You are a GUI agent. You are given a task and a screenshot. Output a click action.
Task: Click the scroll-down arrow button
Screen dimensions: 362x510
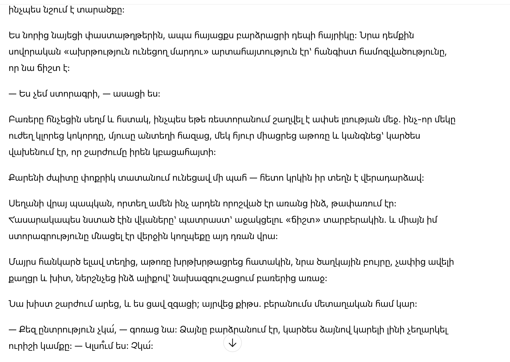click(x=232, y=343)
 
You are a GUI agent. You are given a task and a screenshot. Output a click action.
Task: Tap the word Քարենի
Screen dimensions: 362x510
click(x=26, y=178)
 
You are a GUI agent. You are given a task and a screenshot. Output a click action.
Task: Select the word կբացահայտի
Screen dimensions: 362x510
click(x=184, y=152)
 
